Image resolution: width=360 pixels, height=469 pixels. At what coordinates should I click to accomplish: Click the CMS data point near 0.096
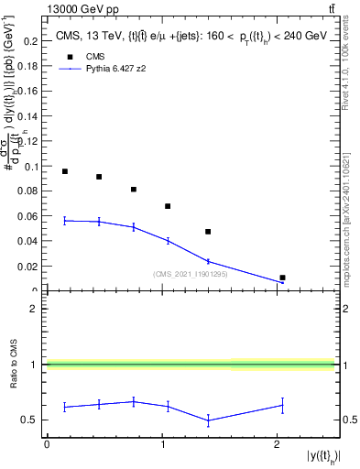tap(65, 171)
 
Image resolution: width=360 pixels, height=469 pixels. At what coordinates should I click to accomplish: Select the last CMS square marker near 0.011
tap(282, 278)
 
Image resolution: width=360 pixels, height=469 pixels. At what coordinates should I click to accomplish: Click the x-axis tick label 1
tap(162, 444)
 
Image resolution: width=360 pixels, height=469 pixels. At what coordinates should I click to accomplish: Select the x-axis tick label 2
tap(278, 444)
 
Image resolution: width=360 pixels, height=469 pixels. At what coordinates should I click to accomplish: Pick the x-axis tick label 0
tap(47, 444)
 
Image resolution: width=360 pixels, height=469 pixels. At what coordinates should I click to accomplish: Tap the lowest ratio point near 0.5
tap(208, 420)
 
